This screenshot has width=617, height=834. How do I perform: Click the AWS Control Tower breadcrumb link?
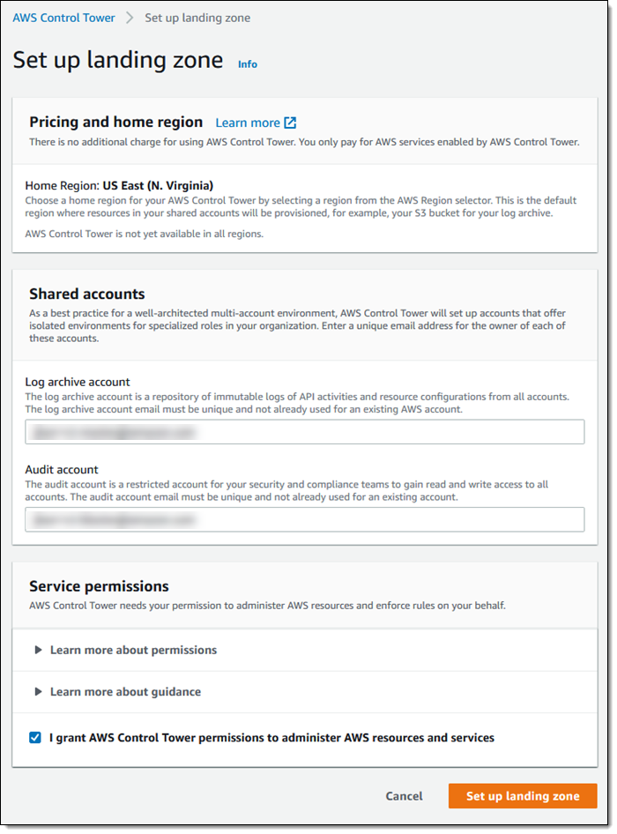(x=63, y=18)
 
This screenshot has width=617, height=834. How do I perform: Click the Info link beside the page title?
(x=248, y=64)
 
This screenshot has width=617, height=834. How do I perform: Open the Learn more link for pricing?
(x=248, y=123)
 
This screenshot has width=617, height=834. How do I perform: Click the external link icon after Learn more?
(x=291, y=123)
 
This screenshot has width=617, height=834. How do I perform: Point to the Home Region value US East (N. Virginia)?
(x=158, y=186)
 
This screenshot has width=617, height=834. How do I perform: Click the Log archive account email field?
(x=304, y=432)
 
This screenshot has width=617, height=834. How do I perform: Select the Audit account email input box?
(x=304, y=519)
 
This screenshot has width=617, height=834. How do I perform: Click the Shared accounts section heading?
(x=87, y=294)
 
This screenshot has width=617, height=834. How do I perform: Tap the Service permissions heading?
(x=99, y=586)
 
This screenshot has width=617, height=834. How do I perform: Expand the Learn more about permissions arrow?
(x=38, y=650)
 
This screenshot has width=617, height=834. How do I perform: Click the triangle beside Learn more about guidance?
(x=38, y=692)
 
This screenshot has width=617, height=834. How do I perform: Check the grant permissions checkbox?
(x=35, y=738)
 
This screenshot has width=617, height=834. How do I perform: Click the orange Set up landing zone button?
(x=523, y=796)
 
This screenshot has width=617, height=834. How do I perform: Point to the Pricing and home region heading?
(x=115, y=123)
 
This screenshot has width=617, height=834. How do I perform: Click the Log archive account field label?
(x=78, y=382)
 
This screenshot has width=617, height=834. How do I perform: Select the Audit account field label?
(x=62, y=470)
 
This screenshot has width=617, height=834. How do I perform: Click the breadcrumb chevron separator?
(x=130, y=18)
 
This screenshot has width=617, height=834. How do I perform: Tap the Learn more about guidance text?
(x=125, y=692)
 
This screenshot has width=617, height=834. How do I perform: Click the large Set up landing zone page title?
(x=118, y=61)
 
